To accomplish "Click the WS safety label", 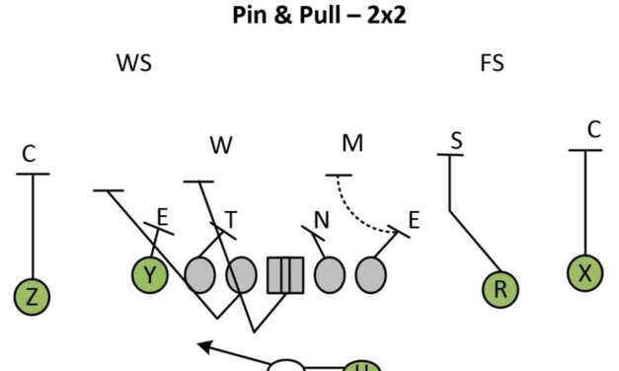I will (134, 64).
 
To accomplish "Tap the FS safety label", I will (492, 64).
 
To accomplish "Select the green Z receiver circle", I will (33, 296).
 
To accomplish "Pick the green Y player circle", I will (150, 275).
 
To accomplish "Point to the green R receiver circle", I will (501, 289).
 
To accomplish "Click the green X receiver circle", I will (585, 273).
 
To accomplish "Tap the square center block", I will (284, 275).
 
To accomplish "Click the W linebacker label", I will (220, 145).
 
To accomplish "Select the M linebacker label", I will (352, 144).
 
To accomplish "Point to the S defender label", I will (456, 140).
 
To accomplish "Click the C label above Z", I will (29, 154).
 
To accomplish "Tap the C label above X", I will (593, 129).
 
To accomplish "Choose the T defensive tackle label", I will (231, 219).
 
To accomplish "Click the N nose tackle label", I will (321, 219).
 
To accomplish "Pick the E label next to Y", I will (163, 215).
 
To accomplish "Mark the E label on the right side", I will (414, 220).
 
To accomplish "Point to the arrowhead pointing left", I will (203, 345).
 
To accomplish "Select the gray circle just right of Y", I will (200, 275).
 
